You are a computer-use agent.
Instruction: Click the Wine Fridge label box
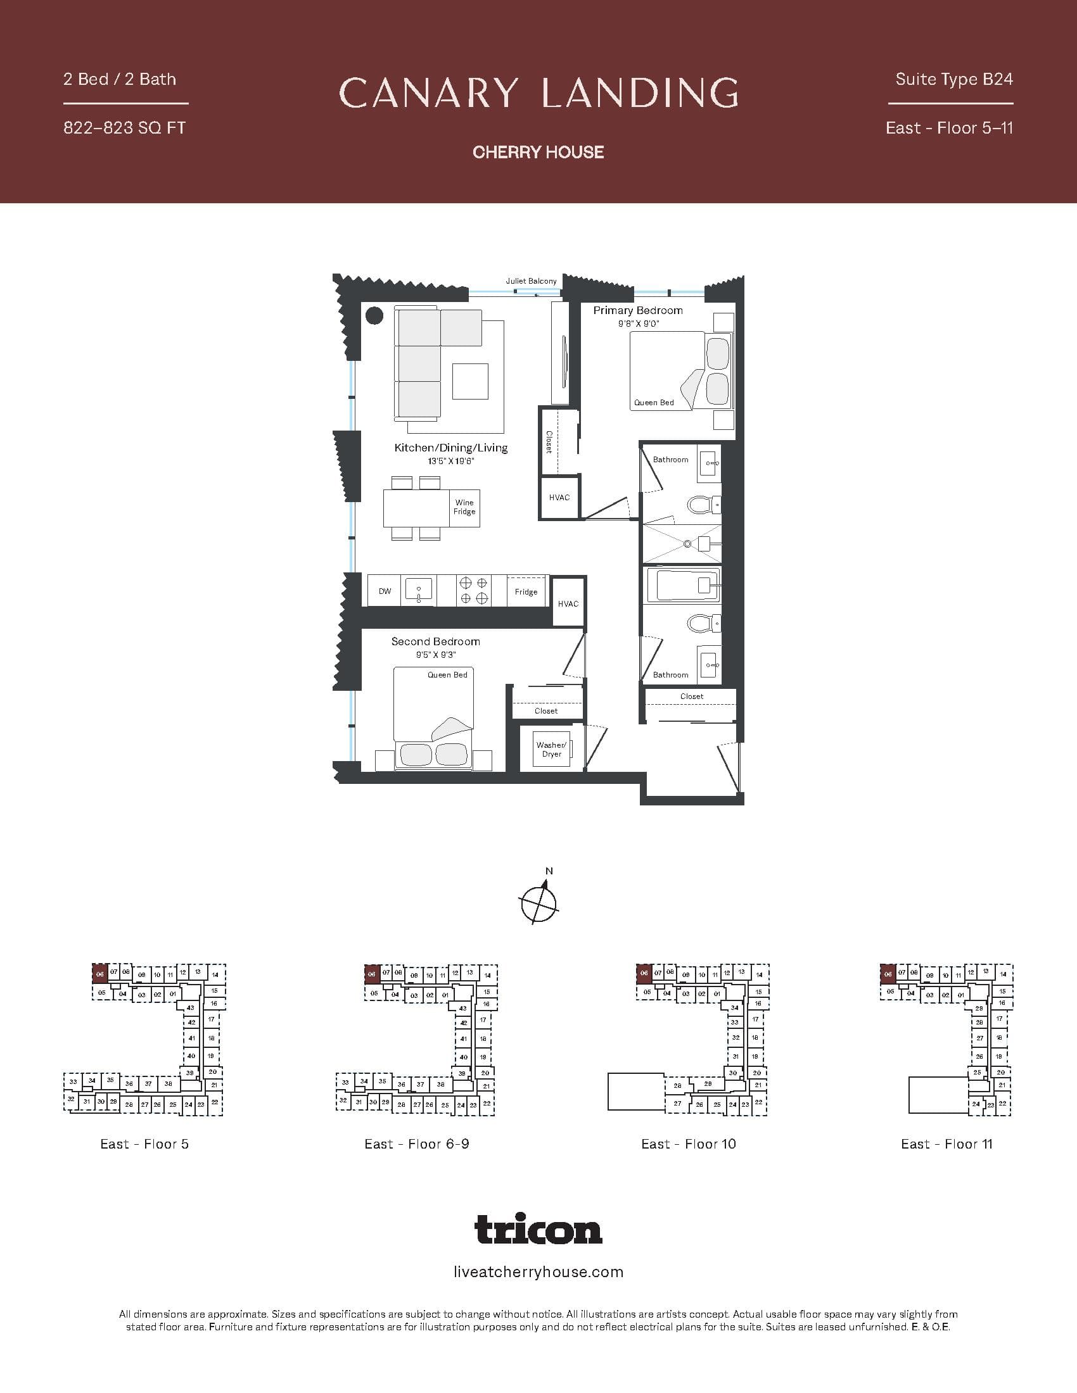(464, 507)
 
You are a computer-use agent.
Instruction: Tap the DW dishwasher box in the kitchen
(385, 591)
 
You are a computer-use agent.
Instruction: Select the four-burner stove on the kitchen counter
(473, 590)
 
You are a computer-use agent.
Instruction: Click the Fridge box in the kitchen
(526, 591)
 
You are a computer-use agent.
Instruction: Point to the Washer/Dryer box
(551, 749)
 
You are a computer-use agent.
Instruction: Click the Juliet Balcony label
(531, 280)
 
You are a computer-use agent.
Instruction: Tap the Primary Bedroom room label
(637, 311)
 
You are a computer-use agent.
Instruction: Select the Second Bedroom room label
(436, 641)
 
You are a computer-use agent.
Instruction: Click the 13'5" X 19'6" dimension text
(451, 461)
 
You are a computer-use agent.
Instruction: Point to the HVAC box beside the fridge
(568, 603)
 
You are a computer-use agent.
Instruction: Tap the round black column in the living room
(374, 315)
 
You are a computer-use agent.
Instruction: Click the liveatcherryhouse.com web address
(538, 1272)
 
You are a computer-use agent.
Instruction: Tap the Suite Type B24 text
(954, 79)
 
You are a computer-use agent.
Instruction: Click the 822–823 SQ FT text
(124, 128)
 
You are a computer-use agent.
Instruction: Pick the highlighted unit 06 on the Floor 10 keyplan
(644, 974)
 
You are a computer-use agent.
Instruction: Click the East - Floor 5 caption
(144, 1144)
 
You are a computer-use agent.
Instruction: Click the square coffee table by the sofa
(470, 381)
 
